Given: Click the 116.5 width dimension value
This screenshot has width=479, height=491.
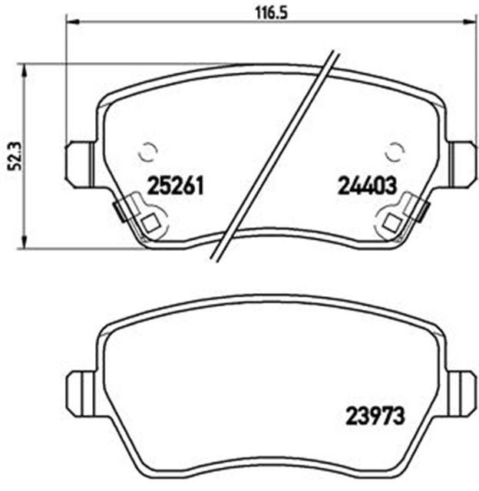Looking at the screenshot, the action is coord(271,13).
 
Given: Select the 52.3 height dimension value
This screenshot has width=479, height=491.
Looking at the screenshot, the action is coord(15,156).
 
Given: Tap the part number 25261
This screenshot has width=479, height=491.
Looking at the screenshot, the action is coord(176,186).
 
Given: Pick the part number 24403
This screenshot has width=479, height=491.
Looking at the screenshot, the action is coord(367,186).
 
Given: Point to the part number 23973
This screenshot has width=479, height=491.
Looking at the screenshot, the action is coord(375,416).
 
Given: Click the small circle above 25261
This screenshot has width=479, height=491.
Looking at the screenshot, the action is coord(147,152).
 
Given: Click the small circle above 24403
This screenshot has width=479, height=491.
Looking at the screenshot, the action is coord(395,152).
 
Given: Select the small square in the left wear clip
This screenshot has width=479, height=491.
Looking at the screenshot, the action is coord(150,222).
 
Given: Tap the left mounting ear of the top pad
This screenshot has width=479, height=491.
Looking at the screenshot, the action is coord(80,164).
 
